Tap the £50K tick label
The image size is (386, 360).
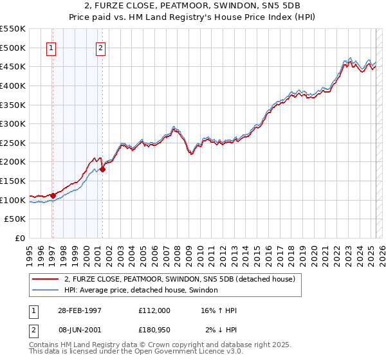pos(15,219)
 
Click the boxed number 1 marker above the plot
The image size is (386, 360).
pos(51,47)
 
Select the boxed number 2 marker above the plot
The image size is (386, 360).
pos(102,47)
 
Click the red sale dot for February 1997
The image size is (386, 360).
pos(53,195)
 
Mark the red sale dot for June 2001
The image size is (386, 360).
pos(102,169)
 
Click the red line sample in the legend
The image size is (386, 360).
pos(46,280)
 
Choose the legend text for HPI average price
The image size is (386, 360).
pos(141,291)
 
